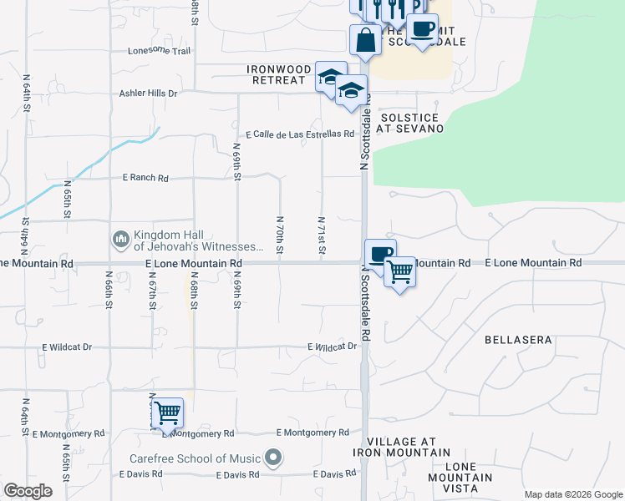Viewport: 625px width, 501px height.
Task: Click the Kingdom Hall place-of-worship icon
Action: point(120,240)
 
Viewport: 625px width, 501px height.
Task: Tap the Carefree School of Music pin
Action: point(272,458)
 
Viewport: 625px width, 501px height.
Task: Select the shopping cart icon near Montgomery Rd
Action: point(168,411)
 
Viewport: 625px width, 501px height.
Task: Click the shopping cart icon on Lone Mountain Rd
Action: point(400,271)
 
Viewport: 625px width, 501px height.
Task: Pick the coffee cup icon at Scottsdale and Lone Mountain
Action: point(380,254)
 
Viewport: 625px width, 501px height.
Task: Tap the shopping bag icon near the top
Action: point(366,39)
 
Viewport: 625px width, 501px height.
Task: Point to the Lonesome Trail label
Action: point(160,51)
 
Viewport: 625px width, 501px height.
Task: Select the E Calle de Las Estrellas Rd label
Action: point(300,134)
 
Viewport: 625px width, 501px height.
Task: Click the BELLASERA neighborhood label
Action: point(518,341)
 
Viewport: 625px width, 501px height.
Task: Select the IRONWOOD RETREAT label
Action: point(279,74)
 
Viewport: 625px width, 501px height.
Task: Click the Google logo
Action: point(28,491)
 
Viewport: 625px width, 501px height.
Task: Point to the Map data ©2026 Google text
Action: point(572,494)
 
